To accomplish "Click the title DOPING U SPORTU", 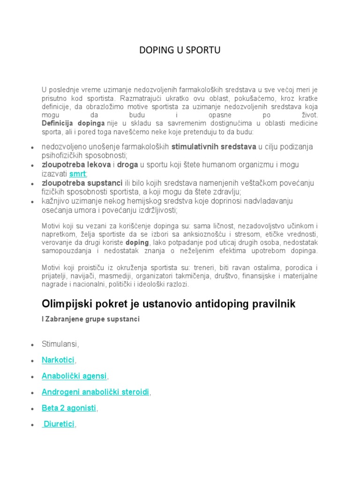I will click(180, 51).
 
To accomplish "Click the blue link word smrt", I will click(77, 174).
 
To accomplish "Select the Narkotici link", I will click(58, 360).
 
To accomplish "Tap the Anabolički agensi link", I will click(75, 376).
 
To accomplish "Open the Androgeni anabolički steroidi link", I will click(96, 392).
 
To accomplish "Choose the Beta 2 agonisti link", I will click(68, 408).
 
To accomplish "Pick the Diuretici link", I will click(59, 424).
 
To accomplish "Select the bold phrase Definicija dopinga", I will click(73, 123).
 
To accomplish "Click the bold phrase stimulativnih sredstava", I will click(214, 147).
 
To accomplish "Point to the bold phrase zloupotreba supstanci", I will click(79, 183).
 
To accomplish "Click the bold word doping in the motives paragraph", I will click(137, 242).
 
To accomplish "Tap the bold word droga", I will click(127, 165).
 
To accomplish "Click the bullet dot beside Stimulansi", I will click(31, 345).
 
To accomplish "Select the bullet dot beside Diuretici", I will click(31, 425).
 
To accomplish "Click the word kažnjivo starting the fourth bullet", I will click(54, 201).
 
